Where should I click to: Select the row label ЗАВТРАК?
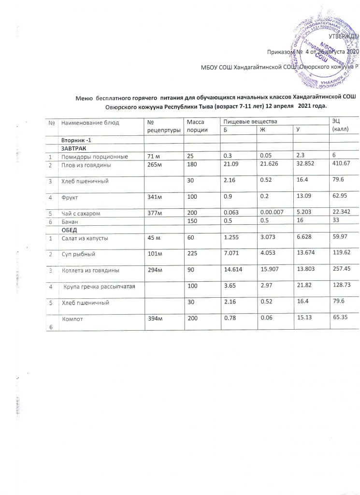[72, 148]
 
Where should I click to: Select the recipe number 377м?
[156, 213]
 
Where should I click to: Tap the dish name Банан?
[69, 221]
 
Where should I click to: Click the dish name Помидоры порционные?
[94, 157]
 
